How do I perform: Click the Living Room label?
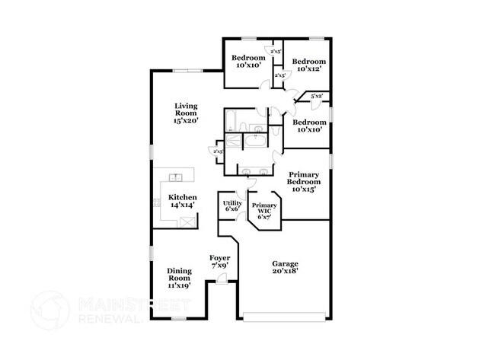tap(186, 113)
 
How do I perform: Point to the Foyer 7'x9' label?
tap(219, 262)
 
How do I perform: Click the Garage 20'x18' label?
tap(286, 267)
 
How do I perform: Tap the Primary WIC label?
tap(264, 211)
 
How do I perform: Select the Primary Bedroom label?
tap(303, 181)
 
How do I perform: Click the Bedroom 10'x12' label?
tap(309, 65)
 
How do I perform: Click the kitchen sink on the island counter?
tap(176, 177)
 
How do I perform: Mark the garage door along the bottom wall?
tap(285, 317)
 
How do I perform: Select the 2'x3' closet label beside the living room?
tap(218, 151)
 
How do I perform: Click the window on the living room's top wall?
tap(187, 72)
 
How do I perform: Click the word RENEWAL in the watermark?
tap(104, 319)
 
